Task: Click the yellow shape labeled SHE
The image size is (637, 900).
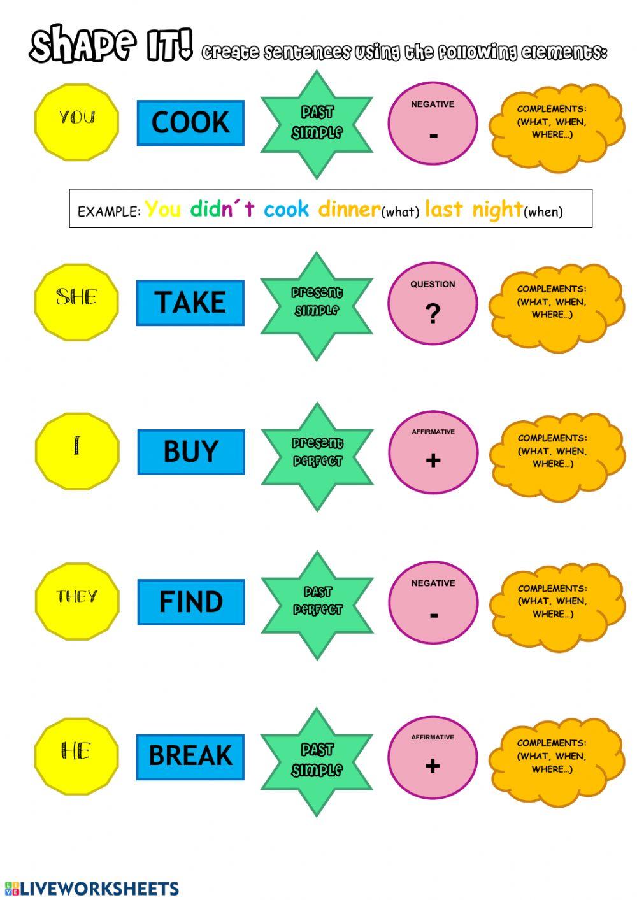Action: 76,301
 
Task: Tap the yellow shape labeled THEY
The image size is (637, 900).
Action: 77,601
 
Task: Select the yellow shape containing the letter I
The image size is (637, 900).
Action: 77,451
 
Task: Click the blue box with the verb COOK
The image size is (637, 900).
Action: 190,122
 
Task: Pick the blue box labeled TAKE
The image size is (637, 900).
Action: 190,303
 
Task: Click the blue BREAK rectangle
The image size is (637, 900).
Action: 190,756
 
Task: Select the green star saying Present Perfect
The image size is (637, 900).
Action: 317,456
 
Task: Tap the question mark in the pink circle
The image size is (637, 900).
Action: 433,313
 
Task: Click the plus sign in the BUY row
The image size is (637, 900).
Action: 433,460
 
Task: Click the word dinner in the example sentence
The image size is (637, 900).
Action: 349,209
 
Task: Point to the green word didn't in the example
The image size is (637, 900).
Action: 222,209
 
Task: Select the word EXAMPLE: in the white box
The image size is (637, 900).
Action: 108,212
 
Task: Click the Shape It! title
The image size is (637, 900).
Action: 111,44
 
